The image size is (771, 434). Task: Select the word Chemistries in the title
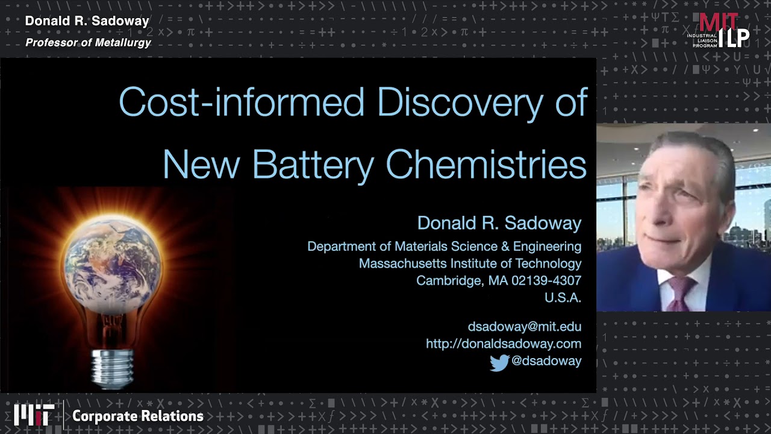pyautogui.click(x=485, y=164)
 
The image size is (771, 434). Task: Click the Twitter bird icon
pyautogui.click(x=499, y=362)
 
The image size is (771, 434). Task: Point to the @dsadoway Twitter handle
pyautogui.click(x=546, y=360)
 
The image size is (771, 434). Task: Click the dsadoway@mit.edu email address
pyautogui.click(x=524, y=327)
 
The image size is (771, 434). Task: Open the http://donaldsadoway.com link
pyautogui.click(x=503, y=344)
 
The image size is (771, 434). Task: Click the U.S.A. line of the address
pyautogui.click(x=563, y=297)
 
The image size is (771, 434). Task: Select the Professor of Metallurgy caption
pyautogui.click(x=88, y=42)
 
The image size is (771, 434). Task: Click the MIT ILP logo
pyautogui.click(x=719, y=30)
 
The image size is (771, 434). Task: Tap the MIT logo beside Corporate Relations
pyautogui.click(x=34, y=415)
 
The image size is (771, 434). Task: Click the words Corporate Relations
pyautogui.click(x=137, y=416)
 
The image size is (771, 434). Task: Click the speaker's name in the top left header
pyautogui.click(x=87, y=21)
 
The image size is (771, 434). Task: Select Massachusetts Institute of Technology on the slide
pyautogui.click(x=470, y=263)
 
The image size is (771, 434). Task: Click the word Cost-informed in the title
pyautogui.click(x=242, y=102)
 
